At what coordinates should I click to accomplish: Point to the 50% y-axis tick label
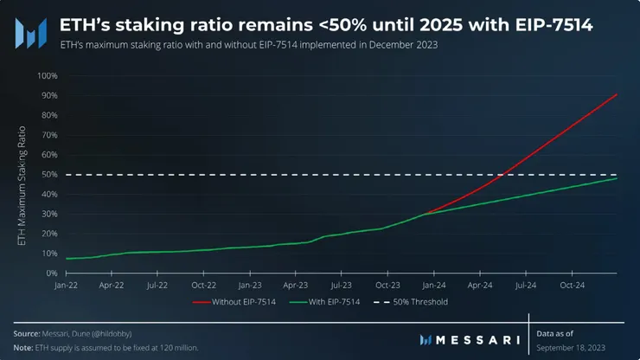click(48, 175)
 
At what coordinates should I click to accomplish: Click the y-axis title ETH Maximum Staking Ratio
click(22, 186)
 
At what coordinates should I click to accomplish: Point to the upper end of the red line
click(616, 93)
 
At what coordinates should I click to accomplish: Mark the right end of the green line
click(616, 178)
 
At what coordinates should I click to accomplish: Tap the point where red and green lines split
click(427, 213)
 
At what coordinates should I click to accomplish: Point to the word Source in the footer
click(27, 333)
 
